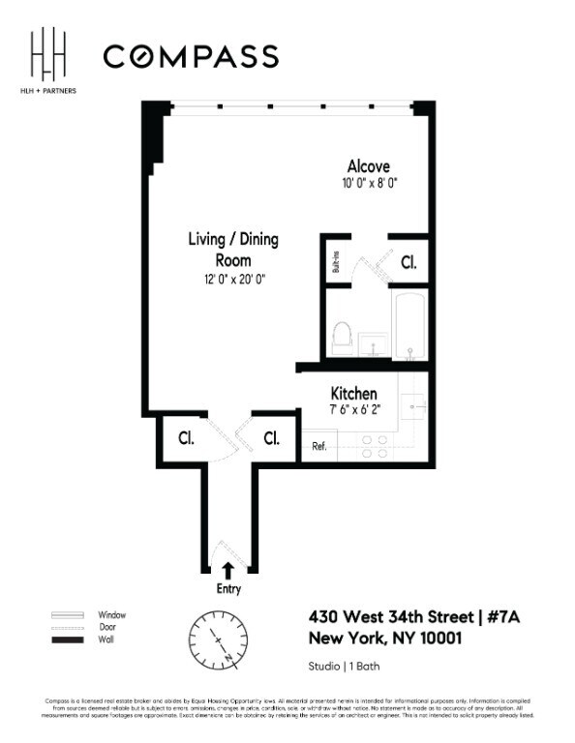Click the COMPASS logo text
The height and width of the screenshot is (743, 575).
(x=191, y=56)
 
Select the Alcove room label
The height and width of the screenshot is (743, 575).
(x=368, y=166)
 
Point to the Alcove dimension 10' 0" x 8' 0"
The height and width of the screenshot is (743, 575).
(x=368, y=182)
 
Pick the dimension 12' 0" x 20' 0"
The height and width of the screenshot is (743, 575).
(x=227, y=279)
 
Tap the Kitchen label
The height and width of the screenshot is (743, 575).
(x=353, y=394)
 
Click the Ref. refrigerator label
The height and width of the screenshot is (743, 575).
(x=318, y=446)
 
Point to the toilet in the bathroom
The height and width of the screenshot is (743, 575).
(x=341, y=338)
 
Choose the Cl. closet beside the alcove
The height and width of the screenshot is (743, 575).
(x=409, y=261)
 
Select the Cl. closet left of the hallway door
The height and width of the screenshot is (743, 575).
(x=185, y=438)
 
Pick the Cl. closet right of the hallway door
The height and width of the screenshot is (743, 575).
(x=272, y=438)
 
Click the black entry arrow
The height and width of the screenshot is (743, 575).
(x=228, y=569)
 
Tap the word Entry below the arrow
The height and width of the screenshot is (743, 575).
(x=228, y=589)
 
